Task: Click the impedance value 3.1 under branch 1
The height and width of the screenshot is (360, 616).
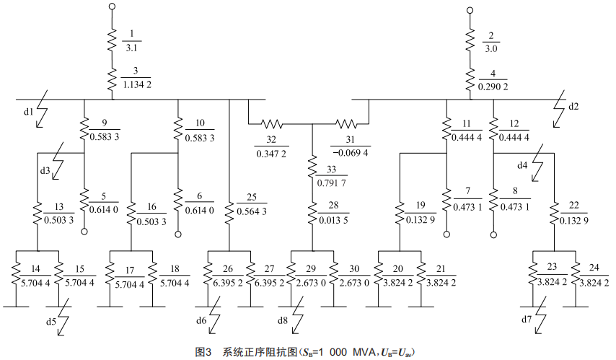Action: point(133,47)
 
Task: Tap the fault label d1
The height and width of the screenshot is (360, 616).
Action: point(27,112)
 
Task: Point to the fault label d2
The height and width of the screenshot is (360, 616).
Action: point(573,107)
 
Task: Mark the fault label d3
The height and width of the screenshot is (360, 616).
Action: point(45,171)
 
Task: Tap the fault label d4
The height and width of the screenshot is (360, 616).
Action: point(522,165)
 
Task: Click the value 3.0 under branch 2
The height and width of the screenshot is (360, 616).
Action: point(492,47)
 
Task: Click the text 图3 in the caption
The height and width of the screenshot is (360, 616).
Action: point(203,352)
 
